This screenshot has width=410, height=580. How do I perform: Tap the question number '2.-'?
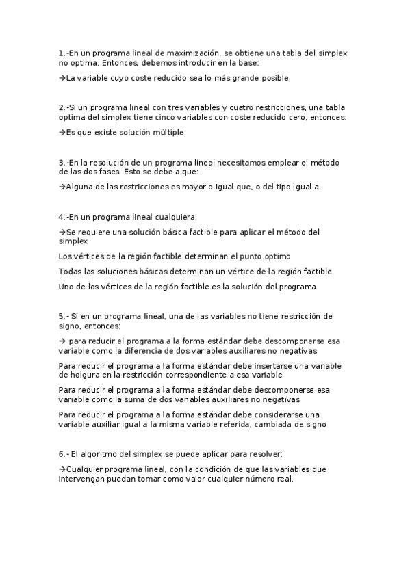[x=64, y=107]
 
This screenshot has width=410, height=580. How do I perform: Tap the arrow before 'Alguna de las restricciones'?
[x=62, y=186]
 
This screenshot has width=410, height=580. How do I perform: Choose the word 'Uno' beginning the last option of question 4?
[x=66, y=287]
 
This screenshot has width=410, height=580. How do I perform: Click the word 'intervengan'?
[x=82, y=479]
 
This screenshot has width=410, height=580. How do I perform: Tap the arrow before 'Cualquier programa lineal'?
[x=62, y=469]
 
